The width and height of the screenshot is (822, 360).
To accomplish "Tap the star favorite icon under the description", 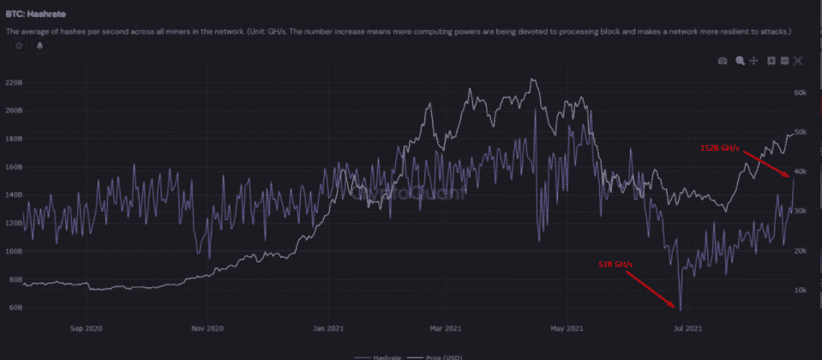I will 19,46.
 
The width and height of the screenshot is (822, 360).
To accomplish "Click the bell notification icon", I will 39,46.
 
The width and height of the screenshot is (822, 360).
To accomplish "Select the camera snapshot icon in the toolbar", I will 723,61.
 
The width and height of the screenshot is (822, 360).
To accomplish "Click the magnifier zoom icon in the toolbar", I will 739,61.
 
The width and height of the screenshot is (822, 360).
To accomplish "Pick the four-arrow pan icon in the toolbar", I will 753,61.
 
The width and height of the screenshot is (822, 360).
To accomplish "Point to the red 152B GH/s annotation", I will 721,148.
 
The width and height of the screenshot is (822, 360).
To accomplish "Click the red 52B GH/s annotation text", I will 615,265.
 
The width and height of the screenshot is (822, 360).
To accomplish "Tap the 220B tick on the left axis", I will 14,83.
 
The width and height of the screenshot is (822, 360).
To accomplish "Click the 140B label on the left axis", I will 14,195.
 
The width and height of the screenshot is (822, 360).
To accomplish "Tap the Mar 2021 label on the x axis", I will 446,327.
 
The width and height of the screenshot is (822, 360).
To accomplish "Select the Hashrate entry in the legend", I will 384,356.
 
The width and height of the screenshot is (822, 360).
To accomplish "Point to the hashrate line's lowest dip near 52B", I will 680,309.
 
